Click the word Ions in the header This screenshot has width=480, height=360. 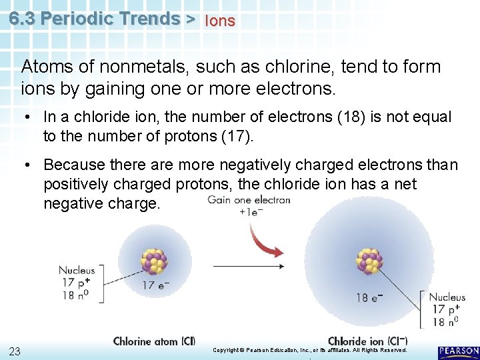pyautogui.click(x=220, y=21)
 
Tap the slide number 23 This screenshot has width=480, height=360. pyautogui.click(x=14, y=352)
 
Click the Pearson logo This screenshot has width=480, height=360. pyautogui.click(x=459, y=352)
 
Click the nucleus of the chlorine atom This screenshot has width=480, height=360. pyautogui.click(x=154, y=261)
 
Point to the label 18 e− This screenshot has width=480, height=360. pyautogui.click(x=371, y=297)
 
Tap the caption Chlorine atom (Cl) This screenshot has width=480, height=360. pyautogui.click(x=154, y=341)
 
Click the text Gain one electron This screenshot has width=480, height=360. pyautogui.click(x=249, y=200)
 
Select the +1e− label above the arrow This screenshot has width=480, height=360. pyautogui.click(x=251, y=212)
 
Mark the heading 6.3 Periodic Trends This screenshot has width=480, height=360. pyautogui.click(x=94, y=19)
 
